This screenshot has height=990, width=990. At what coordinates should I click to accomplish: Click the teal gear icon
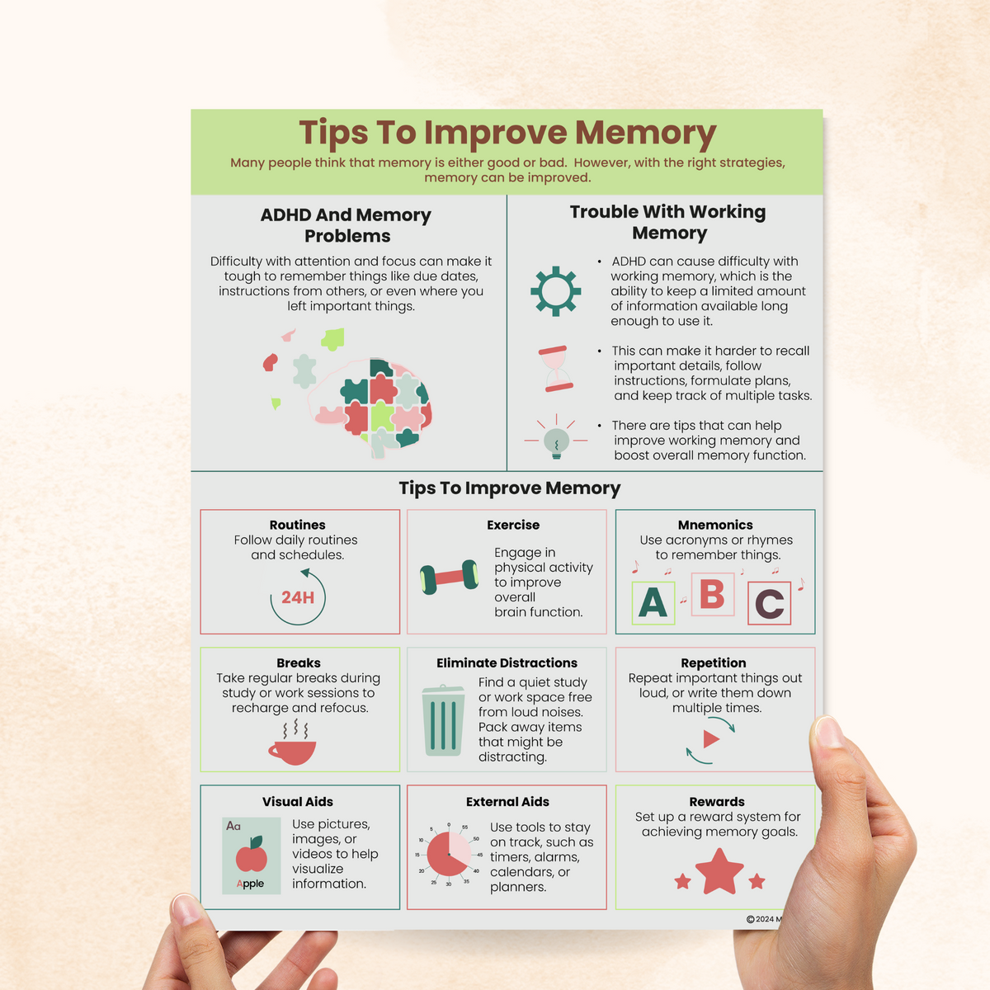click(x=555, y=290)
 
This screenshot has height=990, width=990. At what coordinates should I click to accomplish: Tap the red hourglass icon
click(x=557, y=369)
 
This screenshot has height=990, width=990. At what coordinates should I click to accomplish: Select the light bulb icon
click(x=557, y=441)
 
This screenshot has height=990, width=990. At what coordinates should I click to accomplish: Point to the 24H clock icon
click(x=298, y=596)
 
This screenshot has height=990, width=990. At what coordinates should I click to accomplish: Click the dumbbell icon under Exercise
click(x=449, y=576)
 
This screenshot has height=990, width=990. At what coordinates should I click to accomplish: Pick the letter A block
click(x=653, y=602)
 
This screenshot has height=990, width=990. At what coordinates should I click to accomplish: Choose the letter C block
click(x=769, y=604)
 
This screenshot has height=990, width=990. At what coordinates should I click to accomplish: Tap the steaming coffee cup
click(x=293, y=747)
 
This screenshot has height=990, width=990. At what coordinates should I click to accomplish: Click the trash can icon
click(x=443, y=721)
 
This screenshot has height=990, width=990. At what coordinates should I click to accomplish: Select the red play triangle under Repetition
click(x=710, y=738)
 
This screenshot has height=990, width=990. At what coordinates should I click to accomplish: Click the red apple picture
click(x=252, y=856)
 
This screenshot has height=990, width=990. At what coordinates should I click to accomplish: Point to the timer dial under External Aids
click(x=449, y=854)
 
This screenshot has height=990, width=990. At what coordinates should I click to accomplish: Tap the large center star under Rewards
click(x=719, y=871)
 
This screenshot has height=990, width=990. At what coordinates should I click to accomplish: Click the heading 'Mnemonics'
click(x=715, y=525)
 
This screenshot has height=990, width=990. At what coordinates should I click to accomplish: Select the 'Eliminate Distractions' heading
click(x=507, y=662)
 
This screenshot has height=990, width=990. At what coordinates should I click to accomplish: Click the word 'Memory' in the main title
click(x=645, y=133)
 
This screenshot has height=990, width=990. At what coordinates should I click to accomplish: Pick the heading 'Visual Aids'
click(x=298, y=801)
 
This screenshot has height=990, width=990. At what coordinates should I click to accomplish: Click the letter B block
click(x=712, y=594)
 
